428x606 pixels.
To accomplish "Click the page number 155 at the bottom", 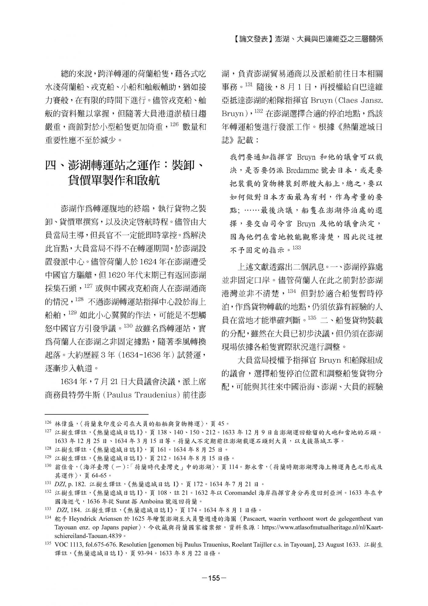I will pyautogui.click(x=214, y=578).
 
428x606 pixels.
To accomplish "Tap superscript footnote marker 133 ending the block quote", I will pyautogui.click(x=297, y=248).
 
